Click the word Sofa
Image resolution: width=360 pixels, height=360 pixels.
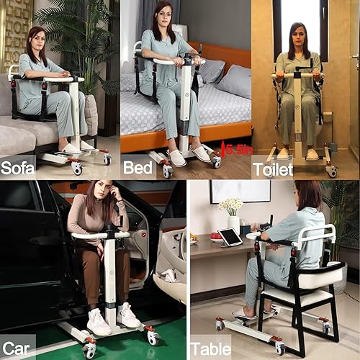pyautogui.click(x=19, y=168)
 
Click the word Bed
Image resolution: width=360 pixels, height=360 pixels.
pyautogui.click(x=138, y=168)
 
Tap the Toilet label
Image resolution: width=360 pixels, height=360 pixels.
pyautogui.click(x=272, y=169)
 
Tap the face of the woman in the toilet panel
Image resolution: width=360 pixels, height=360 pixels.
pyautogui.click(x=297, y=35)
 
